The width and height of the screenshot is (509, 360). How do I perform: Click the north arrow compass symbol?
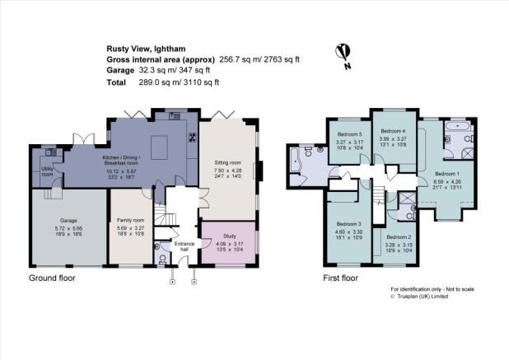(x=341, y=54)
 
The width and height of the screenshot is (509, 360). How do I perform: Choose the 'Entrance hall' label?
(x=181, y=248)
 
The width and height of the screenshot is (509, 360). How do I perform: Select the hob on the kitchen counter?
(x=192, y=138)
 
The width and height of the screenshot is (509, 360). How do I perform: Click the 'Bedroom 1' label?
(x=448, y=174)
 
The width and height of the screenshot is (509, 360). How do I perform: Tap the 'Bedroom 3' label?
(x=348, y=224)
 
